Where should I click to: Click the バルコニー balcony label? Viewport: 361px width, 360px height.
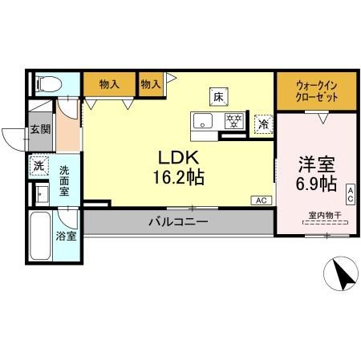(x=178, y=222)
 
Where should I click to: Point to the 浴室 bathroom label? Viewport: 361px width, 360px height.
(x=66, y=237)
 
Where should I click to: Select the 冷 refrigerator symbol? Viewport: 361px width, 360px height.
(x=262, y=124)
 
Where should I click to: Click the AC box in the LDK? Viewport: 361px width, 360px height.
(x=262, y=200)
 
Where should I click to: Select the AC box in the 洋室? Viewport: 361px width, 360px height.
(x=350, y=192)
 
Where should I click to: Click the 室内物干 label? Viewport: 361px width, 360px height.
(x=325, y=215)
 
